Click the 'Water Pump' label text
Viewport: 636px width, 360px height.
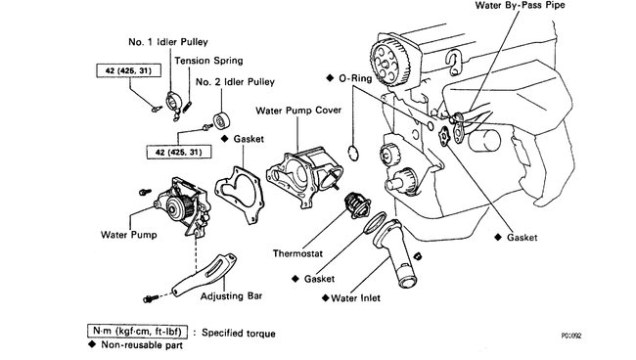128,235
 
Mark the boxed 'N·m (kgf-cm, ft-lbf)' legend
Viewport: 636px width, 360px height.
149,333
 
